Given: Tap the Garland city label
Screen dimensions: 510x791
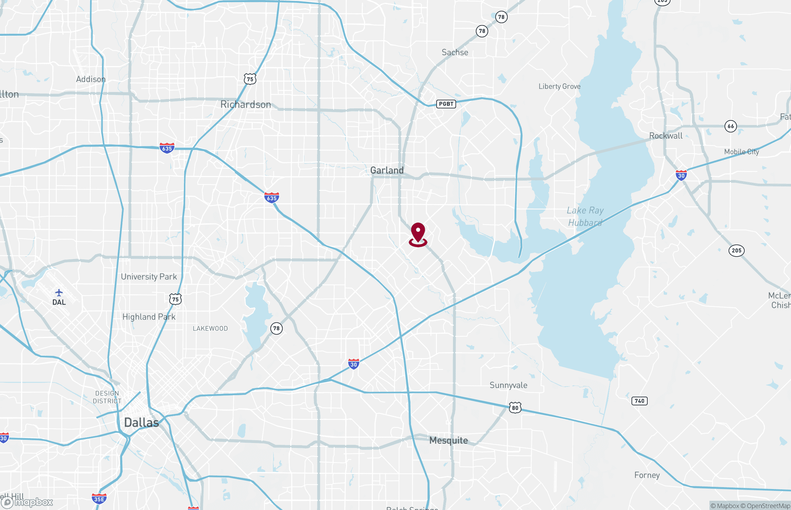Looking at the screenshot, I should coord(387,170).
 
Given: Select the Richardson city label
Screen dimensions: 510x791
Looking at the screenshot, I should coord(246,105).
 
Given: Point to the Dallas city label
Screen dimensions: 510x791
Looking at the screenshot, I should coord(142,423).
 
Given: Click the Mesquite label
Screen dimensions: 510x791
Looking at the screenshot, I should coord(448,441).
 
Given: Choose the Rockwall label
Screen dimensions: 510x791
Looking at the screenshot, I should coord(666,136).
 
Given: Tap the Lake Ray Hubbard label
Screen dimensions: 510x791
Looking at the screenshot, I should coord(585,216).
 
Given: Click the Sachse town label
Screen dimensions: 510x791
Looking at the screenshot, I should coord(455,52).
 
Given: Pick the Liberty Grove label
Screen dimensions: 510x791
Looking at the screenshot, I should coord(559,86).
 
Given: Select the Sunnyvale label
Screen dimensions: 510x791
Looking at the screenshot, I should coord(508,385).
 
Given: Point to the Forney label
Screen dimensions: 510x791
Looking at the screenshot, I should coord(647,475).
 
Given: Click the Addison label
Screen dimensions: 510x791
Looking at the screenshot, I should coord(91,79).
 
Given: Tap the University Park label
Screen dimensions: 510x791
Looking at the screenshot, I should coord(149,277).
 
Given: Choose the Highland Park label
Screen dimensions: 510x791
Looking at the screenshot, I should coord(149,317).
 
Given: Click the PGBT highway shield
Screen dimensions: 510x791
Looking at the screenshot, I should coord(446,104).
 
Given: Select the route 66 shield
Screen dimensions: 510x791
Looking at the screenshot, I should coord(731,126).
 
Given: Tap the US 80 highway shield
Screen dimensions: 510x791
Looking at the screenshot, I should coord(515,408).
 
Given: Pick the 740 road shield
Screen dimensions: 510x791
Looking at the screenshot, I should coord(639,401).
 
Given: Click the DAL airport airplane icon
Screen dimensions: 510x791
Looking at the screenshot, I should coord(59,293).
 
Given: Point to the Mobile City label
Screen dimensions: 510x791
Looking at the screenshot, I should coord(741,152).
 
